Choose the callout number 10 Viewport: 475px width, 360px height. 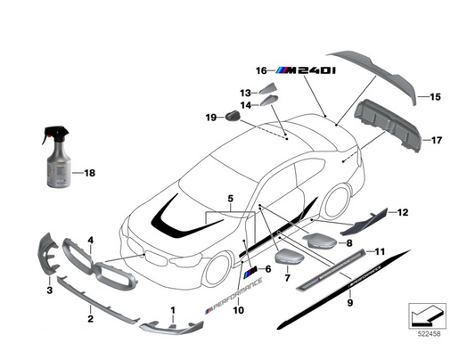click(238, 310)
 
